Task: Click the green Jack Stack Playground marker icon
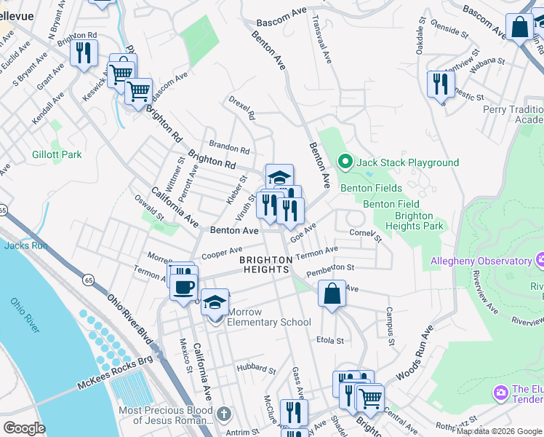click(x=345, y=162)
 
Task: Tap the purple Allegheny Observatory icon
click(x=540, y=260)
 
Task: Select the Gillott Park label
click(x=57, y=154)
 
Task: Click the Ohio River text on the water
click(x=25, y=315)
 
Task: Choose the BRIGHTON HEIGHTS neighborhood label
click(x=267, y=264)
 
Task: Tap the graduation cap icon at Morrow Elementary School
click(x=215, y=302)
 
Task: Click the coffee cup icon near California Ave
click(x=183, y=285)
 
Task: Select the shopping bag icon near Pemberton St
click(x=332, y=295)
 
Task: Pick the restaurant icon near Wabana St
click(x=441, y=84)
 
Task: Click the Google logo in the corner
click(x=24, y=428)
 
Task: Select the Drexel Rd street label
click(x=241, y=106)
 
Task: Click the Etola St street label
click(x=329, y=340)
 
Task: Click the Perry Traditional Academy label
click(x=513, y=114)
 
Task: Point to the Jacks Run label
click(x=25, y=245)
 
